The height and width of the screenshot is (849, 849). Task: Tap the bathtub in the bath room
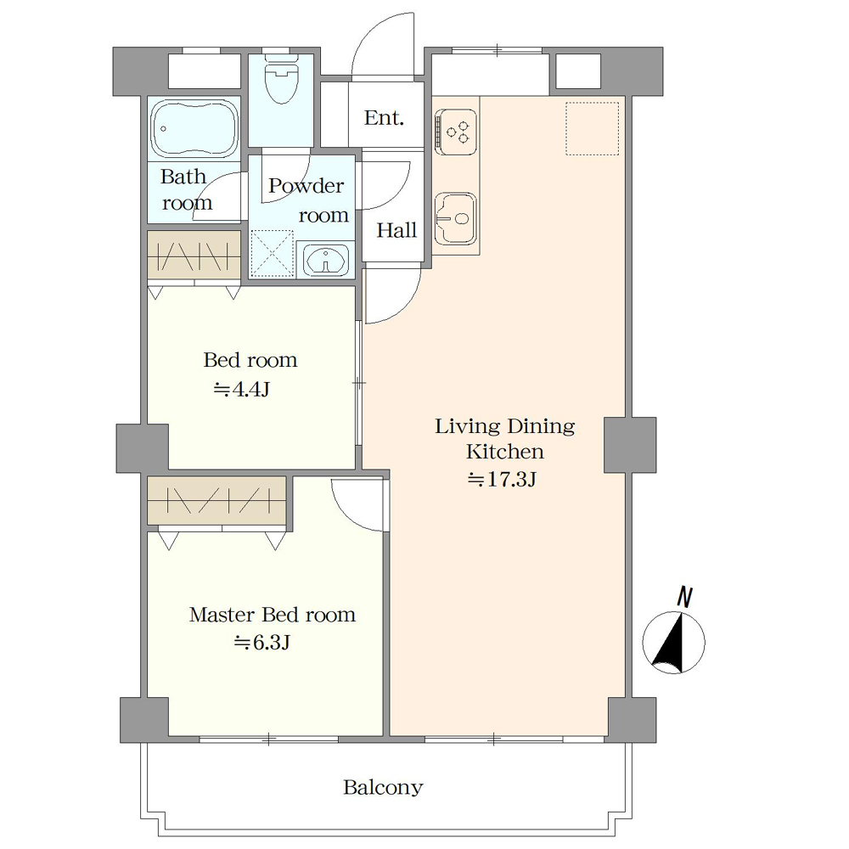[194, 129]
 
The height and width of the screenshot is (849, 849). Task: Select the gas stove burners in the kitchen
[456, 132]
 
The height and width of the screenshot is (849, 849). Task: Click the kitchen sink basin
[456, 218]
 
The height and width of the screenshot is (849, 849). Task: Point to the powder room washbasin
[325, 260]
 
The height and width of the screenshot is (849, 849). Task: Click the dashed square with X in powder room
[273, 253]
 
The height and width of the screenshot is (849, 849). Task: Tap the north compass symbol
[673, 642]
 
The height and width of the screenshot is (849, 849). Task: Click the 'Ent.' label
[384, 117]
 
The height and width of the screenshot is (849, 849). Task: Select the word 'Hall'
[396, 230]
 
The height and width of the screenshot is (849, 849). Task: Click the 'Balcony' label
[383, 787]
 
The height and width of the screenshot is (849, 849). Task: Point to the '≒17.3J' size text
[502, 479]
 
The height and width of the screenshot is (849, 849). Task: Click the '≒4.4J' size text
[242, 389]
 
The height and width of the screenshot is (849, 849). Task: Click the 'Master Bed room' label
[273, 615]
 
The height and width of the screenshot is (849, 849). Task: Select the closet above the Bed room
[194, 255]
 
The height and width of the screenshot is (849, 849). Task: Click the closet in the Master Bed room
[216, 500]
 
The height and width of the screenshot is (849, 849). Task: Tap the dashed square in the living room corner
[593, 128]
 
